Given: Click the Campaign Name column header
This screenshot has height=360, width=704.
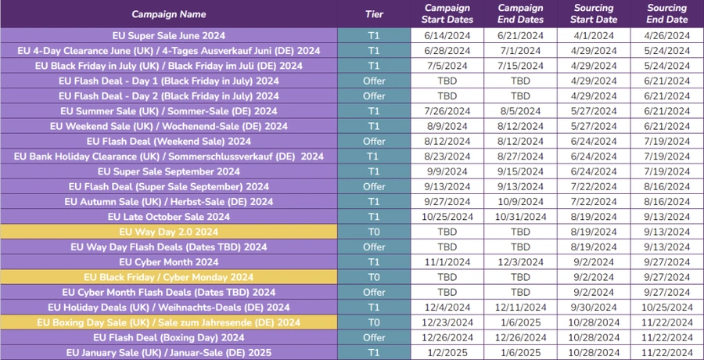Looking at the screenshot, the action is pyautogui.click(x=169, y=14).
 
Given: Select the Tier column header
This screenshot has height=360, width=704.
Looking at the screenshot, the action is pyautogui.click(x=374, y=14).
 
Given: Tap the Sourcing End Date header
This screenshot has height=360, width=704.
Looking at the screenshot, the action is pyautogui.click(x=667, y=14).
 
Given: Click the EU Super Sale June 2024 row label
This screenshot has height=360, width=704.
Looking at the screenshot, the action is pyautogui.click(x=169, y=35).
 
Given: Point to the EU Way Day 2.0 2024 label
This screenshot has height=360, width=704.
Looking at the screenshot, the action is pyautogui.click(x=169, y=232).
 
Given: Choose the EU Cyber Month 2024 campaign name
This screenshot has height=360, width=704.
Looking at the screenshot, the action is pyautogui.click(x=169, y=262).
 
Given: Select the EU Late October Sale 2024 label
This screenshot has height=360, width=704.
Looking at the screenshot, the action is pyautogui.click(x=169, y=217).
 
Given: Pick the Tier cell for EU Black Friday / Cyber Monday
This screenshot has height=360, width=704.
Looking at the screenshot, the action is pyautogui.click(x=374, y=277).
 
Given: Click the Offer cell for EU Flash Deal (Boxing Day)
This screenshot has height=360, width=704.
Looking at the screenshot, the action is pyautogui.click(x=374, y=337).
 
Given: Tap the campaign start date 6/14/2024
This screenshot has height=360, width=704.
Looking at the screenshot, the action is pyautogui.click(x=447, y=35).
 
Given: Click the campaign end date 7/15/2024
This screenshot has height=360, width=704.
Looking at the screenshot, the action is pyautogui.click(x=521, y=66).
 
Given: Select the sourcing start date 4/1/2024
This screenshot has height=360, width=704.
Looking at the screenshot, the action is pyautogui.click(x=594, y=35).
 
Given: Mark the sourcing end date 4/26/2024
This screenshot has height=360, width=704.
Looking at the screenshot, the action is pyautogui.click(x=667, y=35).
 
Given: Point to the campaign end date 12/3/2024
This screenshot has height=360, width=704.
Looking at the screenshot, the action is pyautogui.click(x=521, y=262).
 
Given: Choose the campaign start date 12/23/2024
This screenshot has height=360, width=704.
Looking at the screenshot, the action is pyautogui.click(x=447, y=322).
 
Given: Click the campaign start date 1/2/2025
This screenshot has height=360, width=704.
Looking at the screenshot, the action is pyautogui.click(x=447, y=353).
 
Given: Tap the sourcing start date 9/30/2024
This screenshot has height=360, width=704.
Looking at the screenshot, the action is pyautogui.click(x=594, y=308).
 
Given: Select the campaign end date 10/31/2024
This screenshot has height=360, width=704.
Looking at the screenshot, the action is pyautogui.click(x=521, y=217).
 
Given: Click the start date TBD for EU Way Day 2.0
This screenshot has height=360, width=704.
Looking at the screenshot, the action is pyautogui.click(x=447, y=232).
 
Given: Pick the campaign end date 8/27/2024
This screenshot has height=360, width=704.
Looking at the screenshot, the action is pyautogui.click(x=521, y=157).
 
